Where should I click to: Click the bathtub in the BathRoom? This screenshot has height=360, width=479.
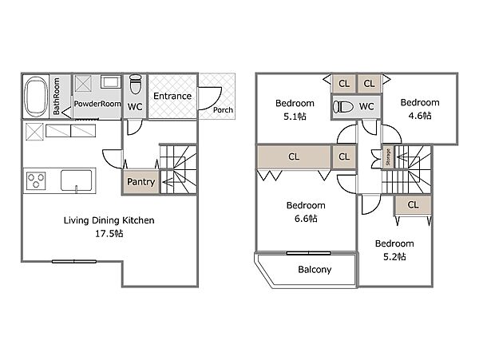pos(36,97)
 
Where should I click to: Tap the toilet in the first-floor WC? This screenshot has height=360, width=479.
pos(136,85)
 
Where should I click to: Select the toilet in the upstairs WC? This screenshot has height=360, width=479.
pos(343,107)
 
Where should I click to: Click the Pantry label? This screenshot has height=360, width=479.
pos(141,182)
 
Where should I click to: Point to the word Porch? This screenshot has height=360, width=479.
pos(223,109)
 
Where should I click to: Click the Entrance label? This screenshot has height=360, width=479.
pos(172,96)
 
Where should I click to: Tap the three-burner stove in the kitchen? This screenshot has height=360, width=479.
pos(36,180)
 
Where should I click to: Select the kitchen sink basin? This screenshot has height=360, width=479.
pos(77,180)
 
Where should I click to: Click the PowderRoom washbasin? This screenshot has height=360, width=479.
pos(111,82)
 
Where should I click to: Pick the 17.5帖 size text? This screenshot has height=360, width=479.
pos(109,234)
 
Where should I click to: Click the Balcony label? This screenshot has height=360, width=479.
pos(315,270)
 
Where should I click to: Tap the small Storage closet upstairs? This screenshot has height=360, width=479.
pos(388,156)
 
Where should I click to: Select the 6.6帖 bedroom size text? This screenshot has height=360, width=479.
pos(306,219)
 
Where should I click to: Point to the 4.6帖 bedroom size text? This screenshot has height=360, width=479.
pos(420,116)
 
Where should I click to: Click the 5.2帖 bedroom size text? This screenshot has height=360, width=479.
pos(394,257)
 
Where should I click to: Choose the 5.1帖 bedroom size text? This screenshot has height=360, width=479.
pos(295,117)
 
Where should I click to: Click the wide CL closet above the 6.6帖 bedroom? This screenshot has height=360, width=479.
pos(294,156)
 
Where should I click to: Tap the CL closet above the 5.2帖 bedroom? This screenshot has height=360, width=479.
pos(413,205)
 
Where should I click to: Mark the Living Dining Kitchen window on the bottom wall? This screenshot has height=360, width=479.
pos(74,261)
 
